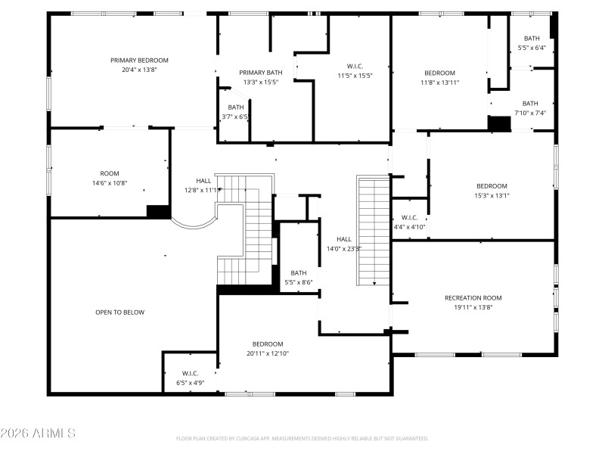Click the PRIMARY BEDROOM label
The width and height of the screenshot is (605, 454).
tap(139, 61)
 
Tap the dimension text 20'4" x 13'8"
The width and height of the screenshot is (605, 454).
tap(139, 70)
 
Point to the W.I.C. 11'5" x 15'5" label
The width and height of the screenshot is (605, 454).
tap(355, 70)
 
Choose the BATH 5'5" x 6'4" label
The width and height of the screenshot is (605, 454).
tap(532, 43)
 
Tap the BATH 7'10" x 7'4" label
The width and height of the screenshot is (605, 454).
tap(530, 108)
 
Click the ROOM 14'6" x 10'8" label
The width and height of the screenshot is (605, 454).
tap(110, 178)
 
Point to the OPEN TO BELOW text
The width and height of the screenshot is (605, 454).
tap(119, 313)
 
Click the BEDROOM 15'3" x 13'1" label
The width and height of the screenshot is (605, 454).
tap(491, 191)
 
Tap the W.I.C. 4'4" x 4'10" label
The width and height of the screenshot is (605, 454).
tap(409, 222)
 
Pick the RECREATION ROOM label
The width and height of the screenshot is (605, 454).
tap(473, 302)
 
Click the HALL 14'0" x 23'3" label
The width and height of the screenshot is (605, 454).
tap(344, 244)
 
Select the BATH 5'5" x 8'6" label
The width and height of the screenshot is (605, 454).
tap(299, 278)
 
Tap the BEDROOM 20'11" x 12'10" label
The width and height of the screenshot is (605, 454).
tap(268, 348)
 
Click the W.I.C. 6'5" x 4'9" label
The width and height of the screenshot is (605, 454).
tap(190, 378)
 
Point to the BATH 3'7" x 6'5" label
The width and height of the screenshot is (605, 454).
tap(236, 112)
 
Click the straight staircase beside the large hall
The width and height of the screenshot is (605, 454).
tap(374, 231)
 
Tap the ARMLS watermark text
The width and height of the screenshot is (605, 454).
tap(38, 434)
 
